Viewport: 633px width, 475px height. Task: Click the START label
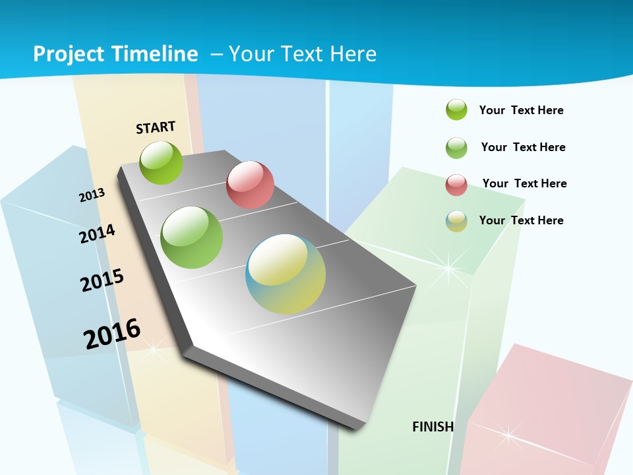coord(156,127)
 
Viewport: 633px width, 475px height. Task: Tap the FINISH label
coord(433,427)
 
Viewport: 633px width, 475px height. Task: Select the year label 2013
coord(92,195)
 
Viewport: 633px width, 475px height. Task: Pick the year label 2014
coord(97,234)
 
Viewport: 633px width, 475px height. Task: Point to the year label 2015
coord(102,280)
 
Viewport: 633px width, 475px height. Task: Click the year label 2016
coord(112,334)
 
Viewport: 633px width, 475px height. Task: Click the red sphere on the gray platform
coord(250,185)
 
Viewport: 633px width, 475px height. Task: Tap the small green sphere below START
coord(161,162)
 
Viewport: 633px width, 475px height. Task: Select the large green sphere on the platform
coord(192,237)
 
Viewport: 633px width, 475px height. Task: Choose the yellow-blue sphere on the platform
coord(286,274)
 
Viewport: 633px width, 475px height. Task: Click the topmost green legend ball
coord(456,110)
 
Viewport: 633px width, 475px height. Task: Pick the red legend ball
coord(456,185)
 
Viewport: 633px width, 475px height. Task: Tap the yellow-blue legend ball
coord(456,221)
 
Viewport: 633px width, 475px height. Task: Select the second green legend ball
coord(456,148)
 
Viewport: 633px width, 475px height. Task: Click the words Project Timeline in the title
coord(115,54)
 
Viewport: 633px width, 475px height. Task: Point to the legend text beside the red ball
coord(524,183)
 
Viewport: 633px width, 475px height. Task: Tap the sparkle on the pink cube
coord(508,434)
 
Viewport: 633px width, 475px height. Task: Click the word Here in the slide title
coord(353,54)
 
